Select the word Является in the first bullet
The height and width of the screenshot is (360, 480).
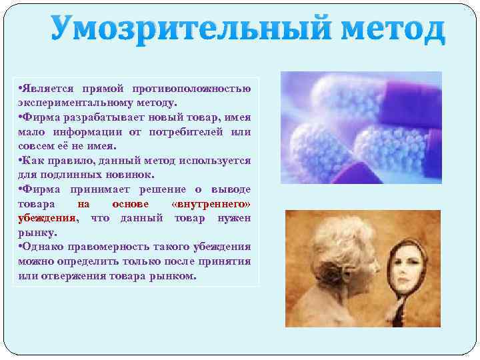click(47, 89)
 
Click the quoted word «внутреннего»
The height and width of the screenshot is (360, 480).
click(211, 204)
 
